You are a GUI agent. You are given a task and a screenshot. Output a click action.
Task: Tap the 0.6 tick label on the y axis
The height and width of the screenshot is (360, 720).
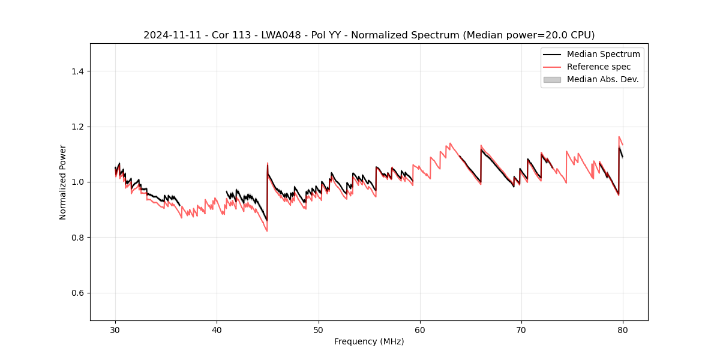[77, 293]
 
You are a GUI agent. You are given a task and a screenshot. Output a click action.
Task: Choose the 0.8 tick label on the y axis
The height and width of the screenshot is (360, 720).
[77, 238]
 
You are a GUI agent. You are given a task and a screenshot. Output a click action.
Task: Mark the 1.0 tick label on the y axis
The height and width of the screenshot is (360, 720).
[77, 182]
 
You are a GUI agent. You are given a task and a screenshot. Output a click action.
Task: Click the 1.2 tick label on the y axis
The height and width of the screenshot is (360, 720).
[77, 127]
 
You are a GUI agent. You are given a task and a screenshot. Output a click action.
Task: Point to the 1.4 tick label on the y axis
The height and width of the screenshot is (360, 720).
[77, 71]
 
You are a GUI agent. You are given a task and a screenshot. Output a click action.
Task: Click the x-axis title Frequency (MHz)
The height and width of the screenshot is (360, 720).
[369, 341]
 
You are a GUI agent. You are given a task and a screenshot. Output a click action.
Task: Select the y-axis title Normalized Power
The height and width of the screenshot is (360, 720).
[63, 182]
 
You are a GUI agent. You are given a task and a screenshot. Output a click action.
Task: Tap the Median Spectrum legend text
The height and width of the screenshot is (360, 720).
[603, 54]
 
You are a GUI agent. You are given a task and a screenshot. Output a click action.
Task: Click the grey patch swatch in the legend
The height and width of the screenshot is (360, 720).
[552, 79]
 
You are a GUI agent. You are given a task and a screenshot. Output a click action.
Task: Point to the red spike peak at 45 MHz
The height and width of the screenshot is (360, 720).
[268, 163]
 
